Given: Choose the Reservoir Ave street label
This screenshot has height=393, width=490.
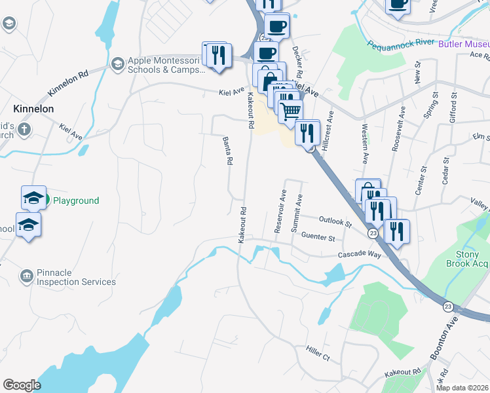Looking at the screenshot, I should tap(280, 212).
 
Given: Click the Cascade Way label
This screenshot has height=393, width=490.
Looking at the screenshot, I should tap(359, 254).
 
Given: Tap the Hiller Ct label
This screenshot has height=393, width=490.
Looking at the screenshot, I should tap(318, 354).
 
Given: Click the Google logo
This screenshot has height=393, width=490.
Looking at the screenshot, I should tap(22, 385).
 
